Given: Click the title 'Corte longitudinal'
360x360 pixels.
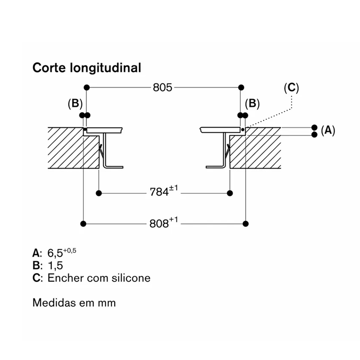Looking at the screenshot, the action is (87, 68).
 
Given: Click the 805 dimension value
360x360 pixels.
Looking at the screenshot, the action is (162, 87).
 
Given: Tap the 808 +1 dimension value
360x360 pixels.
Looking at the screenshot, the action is (164, 222).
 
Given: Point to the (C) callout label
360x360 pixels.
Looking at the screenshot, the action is (291, 88).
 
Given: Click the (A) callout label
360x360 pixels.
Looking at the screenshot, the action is (328, 130).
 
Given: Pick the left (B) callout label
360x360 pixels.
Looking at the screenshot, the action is (75, 103).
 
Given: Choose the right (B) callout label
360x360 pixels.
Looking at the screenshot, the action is (252, 103).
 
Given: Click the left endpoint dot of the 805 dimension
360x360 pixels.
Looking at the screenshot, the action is (86, 87).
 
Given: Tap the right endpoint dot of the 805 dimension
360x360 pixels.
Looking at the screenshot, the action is (241, 87).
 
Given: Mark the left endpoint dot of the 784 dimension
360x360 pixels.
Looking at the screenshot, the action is (99, 193).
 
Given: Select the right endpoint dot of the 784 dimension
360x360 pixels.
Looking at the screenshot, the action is (230, 193).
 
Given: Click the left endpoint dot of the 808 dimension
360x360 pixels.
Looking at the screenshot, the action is (83, 224).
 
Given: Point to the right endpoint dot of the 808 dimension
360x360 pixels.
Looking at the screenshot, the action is (246, 224).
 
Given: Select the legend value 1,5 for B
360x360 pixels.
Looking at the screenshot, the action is (55, 265).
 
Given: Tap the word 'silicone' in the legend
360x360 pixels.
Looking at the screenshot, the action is (131, 278).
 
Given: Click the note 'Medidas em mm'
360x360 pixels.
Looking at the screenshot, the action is (74, 303).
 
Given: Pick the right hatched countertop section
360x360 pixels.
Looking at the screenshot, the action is (255, 148).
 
